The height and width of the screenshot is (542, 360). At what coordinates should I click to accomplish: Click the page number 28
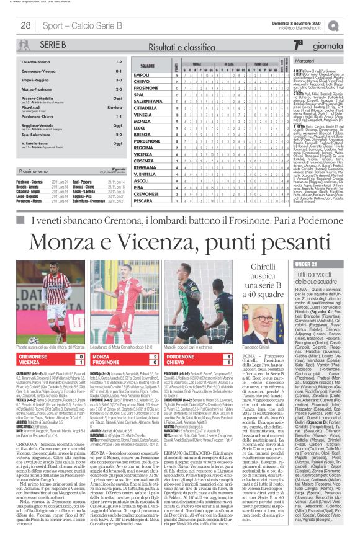[26, 25]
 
